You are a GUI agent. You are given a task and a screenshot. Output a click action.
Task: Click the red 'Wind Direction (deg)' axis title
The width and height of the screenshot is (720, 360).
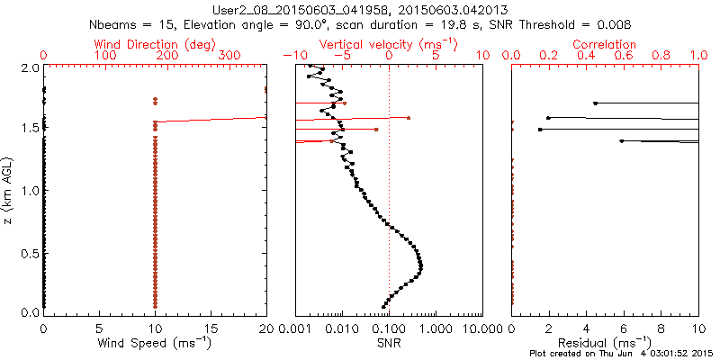pyautogui.click(x=155, y=43)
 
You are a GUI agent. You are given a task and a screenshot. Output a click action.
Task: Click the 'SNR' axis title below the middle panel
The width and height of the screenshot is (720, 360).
pyautogui.click(x=388, y=343)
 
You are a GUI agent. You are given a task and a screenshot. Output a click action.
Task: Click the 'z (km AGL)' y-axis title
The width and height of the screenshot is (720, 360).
pyautogui.click(x=10, y=190)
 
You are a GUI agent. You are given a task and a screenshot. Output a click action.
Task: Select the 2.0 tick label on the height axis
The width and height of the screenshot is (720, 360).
pyautogui.click(x=29, y=68)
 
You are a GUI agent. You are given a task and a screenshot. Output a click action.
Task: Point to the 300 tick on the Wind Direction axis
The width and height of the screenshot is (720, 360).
pyautogui.click(x=229, y=56)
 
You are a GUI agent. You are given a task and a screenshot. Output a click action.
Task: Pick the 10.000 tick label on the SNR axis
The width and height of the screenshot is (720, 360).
pyautogui.click(x=482, y=328)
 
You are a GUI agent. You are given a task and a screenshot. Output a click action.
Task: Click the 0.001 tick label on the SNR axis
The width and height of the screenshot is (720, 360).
pyautogui.click(x=295, y=328)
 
